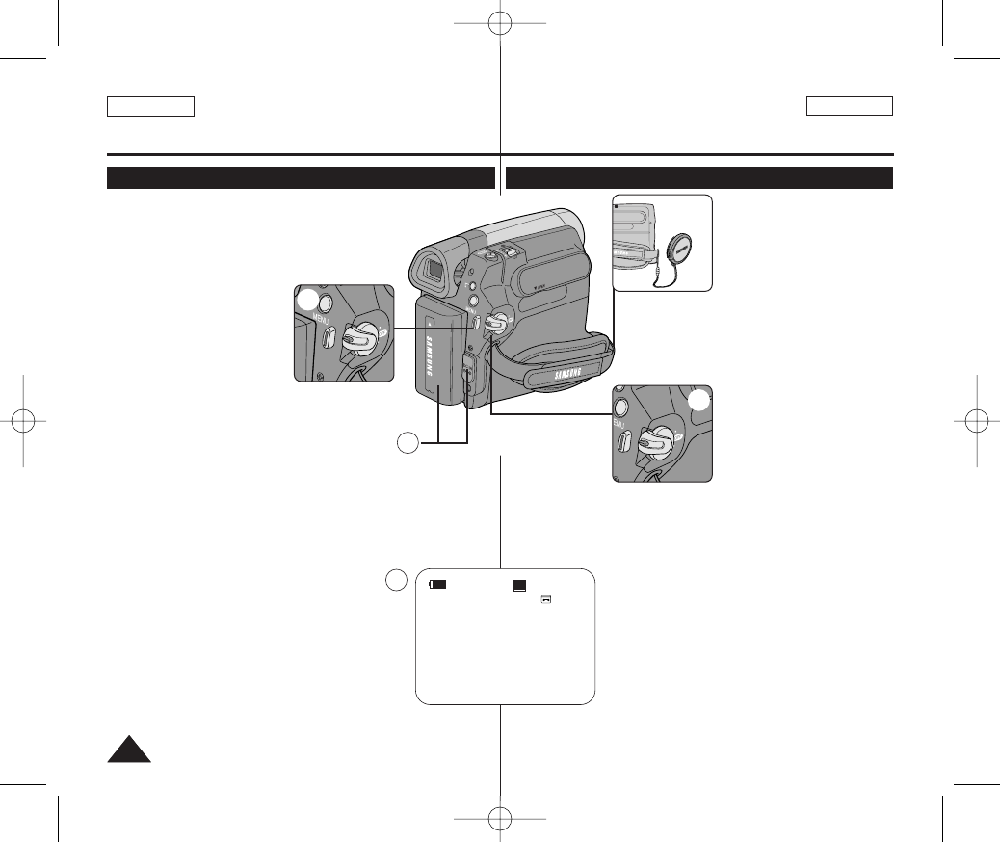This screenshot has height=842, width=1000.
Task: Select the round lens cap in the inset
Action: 679,250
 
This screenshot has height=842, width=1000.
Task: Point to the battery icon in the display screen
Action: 438,585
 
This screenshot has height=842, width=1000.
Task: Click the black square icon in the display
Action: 520,585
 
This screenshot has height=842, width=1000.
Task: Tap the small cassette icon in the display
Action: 545,598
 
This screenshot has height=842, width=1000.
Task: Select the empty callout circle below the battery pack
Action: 408,443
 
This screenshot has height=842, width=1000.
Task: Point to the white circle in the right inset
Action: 700,400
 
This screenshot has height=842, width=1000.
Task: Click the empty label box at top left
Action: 151,106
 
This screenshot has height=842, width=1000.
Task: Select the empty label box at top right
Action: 850,106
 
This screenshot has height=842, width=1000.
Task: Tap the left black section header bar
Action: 301,177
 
